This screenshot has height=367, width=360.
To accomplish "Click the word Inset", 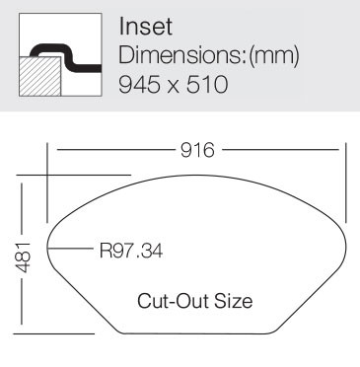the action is click(x=145, y=27).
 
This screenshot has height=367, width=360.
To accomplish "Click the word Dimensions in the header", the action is click(x=180, y=55).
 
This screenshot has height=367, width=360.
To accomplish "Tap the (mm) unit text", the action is click(x=274, y=56).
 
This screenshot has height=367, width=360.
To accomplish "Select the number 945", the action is click(x=140, y=84).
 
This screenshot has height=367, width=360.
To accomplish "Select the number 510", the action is click(x=207, y=84).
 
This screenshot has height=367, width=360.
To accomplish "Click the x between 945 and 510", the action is click(x=174, y=87).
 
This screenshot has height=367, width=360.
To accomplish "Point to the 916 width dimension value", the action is click(x=197, y=150).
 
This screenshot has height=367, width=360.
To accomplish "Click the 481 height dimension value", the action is click(x=23, y=257).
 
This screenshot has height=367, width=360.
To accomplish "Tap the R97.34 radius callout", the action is click(x=131, y=251).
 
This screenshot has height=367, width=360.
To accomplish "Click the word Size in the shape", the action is click(x=234, y=301).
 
